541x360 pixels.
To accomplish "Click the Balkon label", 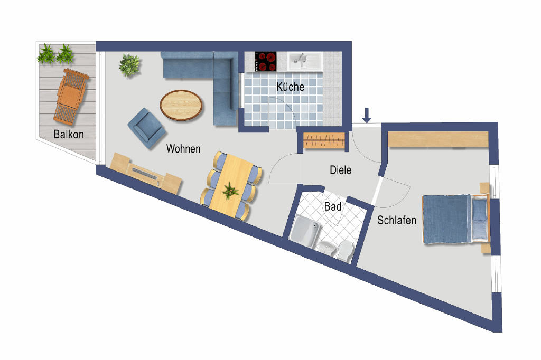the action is pyautogui.click(x=69, y=134).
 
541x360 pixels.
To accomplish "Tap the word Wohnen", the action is pyautogui.click(x=183, y=149).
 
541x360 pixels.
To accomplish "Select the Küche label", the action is pyautogui.click(x=290, y=87).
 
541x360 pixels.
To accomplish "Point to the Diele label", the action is pyautogui.click(x=341, y=170).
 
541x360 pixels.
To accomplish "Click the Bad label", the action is pyautogui.click(x=333, y=206).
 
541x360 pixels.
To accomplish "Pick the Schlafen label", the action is pyautogui.click(x=397, y=220).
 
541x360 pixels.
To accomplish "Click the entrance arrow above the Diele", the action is pyautogui.click(x=367, y=115).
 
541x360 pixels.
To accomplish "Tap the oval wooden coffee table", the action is pyautogui.click(x=181, y=105).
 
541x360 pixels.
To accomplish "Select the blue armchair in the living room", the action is pyautogui.click(x=147, y=128).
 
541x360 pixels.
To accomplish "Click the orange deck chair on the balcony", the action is pyautogui.click(x=71, y=96).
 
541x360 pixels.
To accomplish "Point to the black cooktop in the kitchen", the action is pyautogui.click(x=266, y=61).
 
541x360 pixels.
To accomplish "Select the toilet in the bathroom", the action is pyautogui.click(x=345, y=251).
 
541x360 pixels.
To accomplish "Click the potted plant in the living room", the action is pyautogui.click(x=129, y=65).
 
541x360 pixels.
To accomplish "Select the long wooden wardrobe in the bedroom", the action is pyautogui.click(x=438, y=139).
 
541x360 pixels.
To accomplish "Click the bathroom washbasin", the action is pyautogui.click(x=325, y=248).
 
